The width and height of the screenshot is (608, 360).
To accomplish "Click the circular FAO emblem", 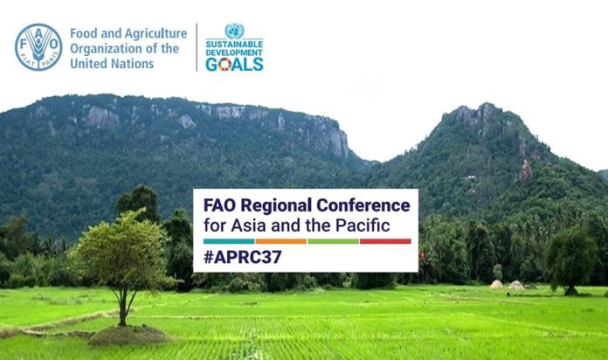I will click(38, 47).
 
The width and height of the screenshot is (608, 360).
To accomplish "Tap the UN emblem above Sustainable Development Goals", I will click(234, 31).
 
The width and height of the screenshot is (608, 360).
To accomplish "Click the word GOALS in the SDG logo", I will click(234, 64).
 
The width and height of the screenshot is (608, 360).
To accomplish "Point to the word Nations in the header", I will click(134, 64).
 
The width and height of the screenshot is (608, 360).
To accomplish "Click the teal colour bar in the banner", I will click(228, 241).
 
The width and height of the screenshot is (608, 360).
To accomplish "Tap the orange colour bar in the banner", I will click(280, 241).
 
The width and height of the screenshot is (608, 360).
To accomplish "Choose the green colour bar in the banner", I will click(333, 241).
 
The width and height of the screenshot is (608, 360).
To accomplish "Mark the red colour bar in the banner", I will click(385, 241).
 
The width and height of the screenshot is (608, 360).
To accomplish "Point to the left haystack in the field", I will click(496, 285).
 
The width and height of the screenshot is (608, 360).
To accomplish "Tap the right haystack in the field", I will click(516, 285).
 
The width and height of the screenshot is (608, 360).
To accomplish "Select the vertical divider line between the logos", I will click(196, 47).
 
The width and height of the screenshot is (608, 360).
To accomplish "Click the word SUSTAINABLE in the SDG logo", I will click(234, 44).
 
